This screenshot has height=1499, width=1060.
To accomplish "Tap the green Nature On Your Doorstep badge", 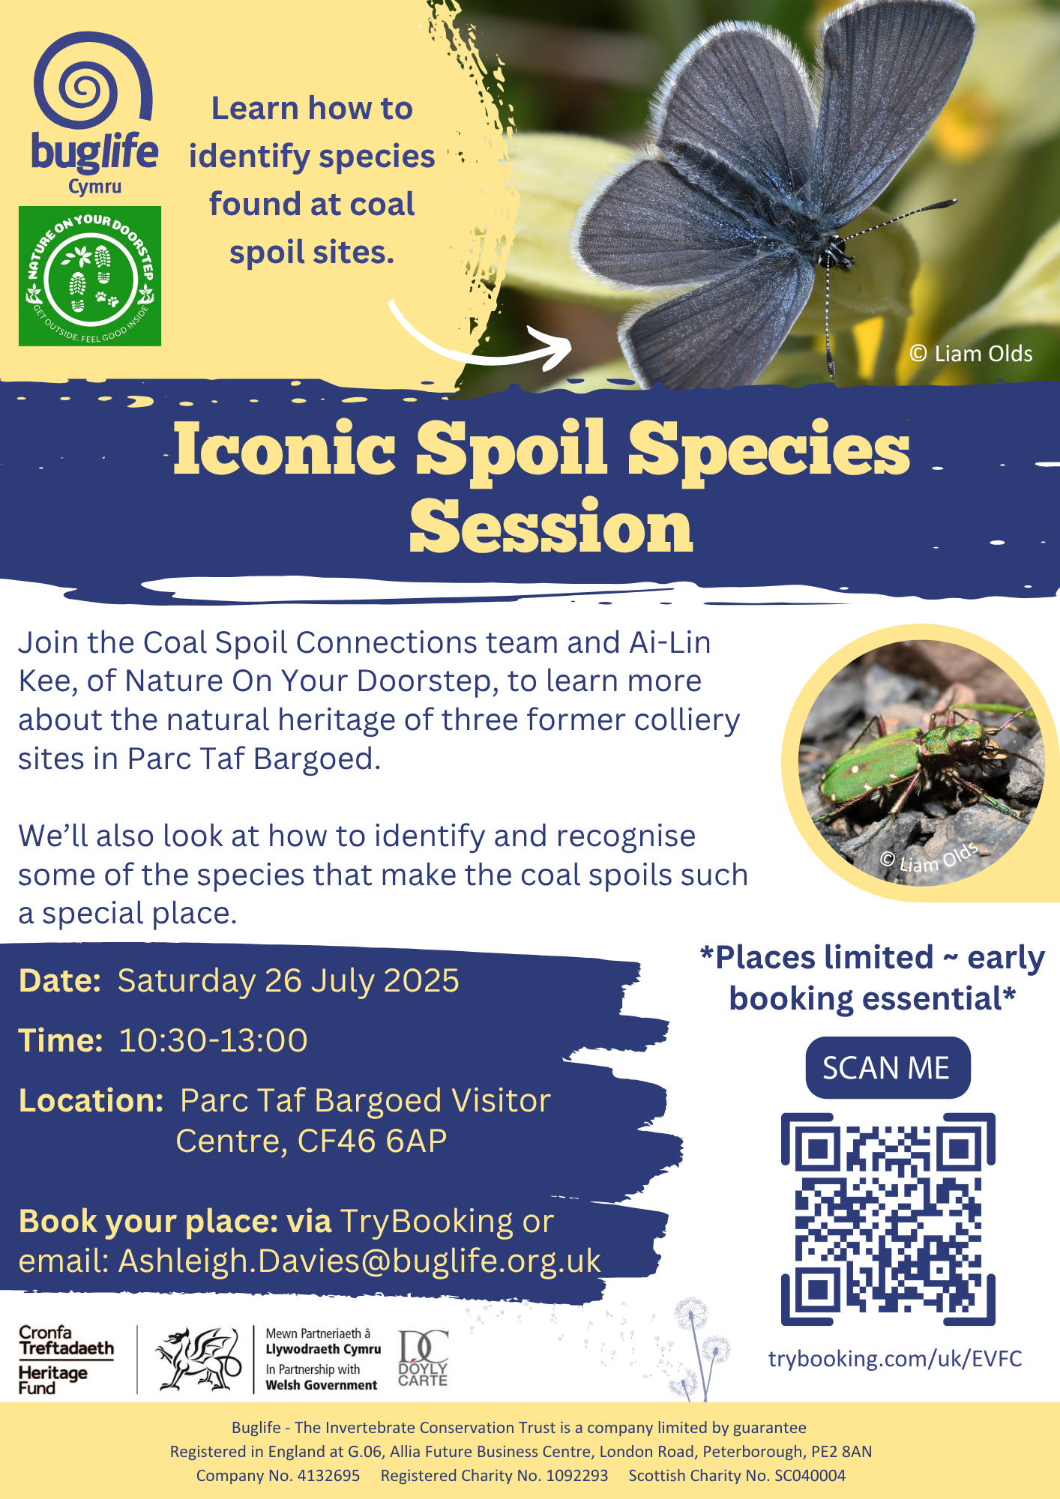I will tap(90, 276).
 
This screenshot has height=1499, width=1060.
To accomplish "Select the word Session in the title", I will tap(551, 527).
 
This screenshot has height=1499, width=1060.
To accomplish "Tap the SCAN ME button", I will tap(888, 1067).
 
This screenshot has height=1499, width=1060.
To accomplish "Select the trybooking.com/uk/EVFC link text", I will tap(895, 1358).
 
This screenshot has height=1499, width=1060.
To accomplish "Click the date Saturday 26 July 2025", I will tap(288, 980).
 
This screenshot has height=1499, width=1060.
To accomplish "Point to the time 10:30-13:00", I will tap(213, 1040).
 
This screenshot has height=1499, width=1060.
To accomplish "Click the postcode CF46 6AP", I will tap(372, 1141).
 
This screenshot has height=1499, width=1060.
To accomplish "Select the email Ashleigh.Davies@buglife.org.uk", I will tap(360, 1261).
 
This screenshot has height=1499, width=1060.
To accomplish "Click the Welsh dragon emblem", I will tap(196, 1358).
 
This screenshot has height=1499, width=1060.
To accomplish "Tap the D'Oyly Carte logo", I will tap(423, 1358).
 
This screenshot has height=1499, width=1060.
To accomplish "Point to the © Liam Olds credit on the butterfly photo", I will tap(971, 354).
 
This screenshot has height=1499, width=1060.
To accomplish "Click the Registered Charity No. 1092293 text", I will tap(494, 1475).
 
